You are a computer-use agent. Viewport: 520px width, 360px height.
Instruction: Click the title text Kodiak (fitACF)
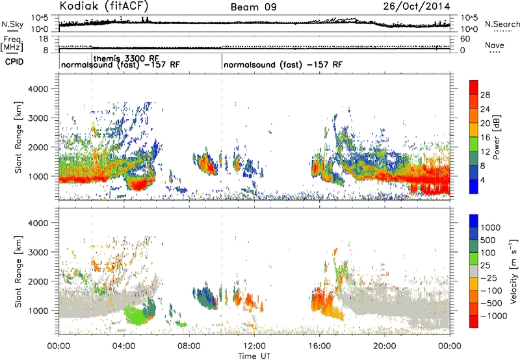point(104,6)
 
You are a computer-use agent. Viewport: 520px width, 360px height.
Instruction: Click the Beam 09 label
point(253,7)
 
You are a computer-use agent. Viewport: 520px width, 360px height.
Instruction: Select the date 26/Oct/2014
point(417,6)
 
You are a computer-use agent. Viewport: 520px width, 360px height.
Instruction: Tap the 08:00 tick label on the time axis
point(189,346)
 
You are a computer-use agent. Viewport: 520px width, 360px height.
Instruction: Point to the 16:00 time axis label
point(319,346)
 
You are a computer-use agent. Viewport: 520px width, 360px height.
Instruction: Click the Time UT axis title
point(254,355)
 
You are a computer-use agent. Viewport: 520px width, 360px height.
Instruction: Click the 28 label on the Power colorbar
point(485,95)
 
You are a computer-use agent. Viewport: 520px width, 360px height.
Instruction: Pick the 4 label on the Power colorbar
point(483,180)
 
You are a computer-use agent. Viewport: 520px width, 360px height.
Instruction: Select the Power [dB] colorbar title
point(496,137)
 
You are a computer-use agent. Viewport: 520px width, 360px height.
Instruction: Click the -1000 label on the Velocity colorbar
point(494,316)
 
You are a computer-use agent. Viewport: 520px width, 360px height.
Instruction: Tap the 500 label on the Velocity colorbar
point(488,240)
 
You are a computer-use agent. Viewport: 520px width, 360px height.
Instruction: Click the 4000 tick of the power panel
point(38,89)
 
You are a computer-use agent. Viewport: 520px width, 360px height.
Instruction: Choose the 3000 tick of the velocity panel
point(38,252)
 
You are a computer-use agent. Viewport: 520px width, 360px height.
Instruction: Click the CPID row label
point(14,62)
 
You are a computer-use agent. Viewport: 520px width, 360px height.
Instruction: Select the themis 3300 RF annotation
point(126,58)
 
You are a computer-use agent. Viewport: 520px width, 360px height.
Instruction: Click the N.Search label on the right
point(502,24)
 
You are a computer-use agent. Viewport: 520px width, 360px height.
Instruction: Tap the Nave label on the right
point(495,45)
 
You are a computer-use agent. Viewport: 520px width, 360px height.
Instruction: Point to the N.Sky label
point(12,24)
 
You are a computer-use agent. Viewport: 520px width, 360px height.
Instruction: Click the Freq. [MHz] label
point(12,44)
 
